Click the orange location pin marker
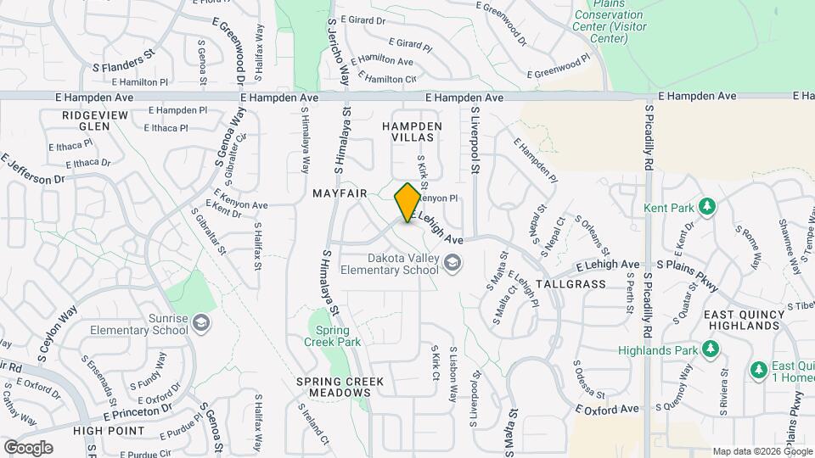(x=407, y=202)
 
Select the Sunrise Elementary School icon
(x=200, y=322)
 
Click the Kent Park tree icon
(x=706, y=206)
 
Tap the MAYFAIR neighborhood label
(x=340, y=193)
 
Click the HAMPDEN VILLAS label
(x=413, y=131)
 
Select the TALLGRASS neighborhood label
(x=571, y=284)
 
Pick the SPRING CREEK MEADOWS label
(x=340, y=387)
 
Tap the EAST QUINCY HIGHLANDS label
(x=748, y=320)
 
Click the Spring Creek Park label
(x=338, y=336)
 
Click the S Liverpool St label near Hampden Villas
(x=476, y=140)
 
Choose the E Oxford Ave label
(x=605, y=409)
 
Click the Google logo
(x=28, y=447)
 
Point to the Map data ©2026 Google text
(x=762, y=451)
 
